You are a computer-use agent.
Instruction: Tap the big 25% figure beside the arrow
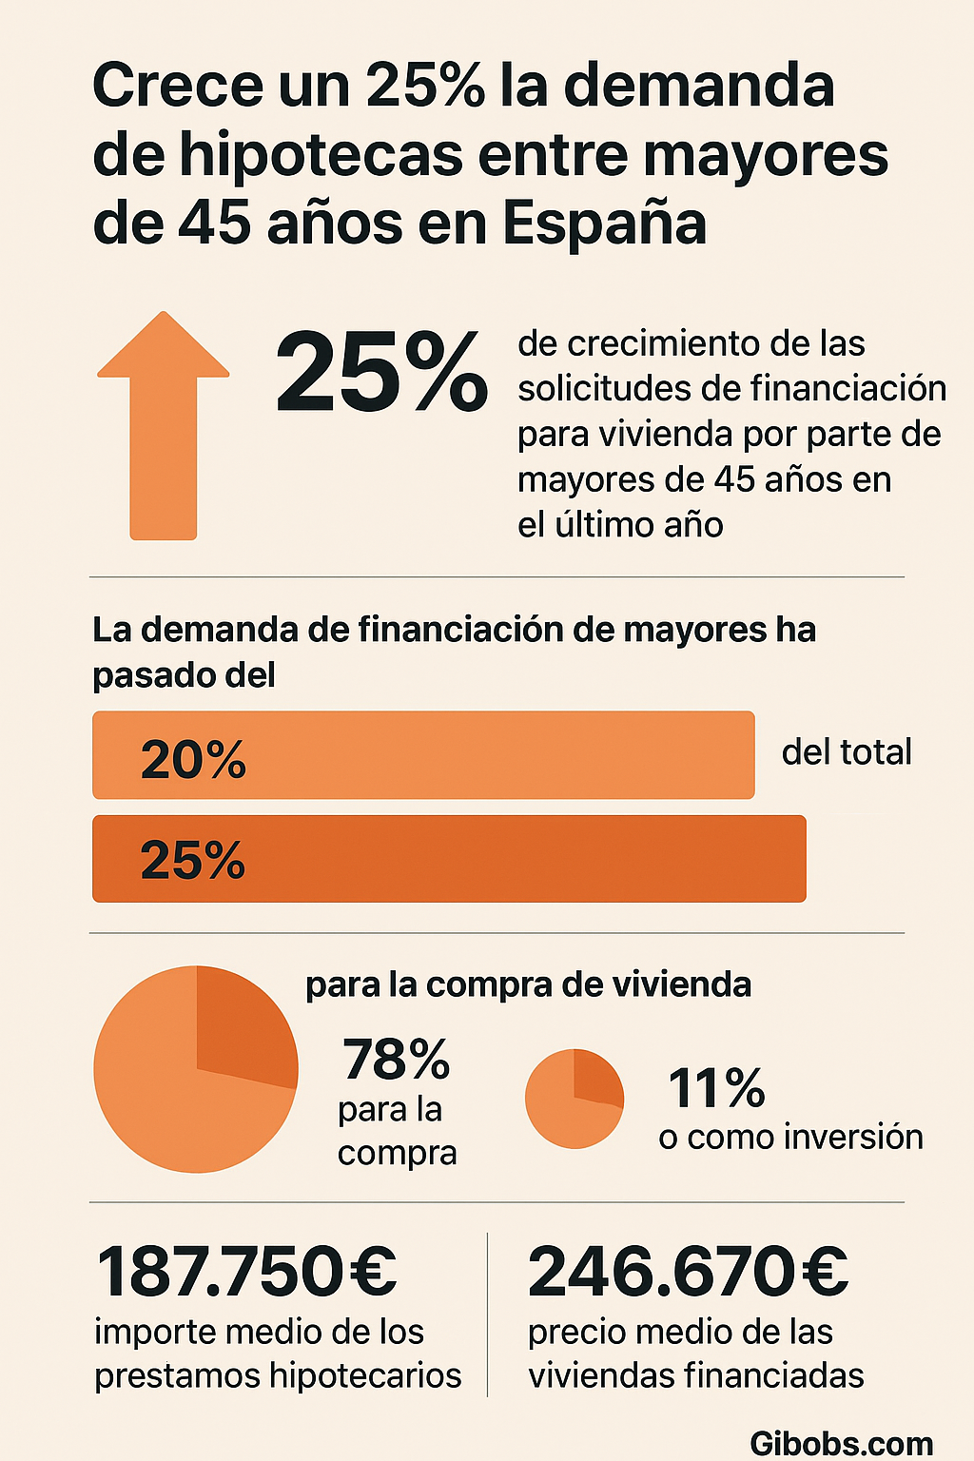point(381,374)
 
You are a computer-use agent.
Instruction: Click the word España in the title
point(604,224)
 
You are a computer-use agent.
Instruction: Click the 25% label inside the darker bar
point(193,860)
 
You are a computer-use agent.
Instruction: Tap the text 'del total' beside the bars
point(847,752)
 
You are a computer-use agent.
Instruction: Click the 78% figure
point(396,1060)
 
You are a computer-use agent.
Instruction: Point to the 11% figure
point(716,1088)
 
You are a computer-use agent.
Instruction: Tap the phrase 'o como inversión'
point(790,1138)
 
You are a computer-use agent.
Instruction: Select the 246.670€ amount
point(688,1271)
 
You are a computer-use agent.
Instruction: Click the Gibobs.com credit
point(841,1443)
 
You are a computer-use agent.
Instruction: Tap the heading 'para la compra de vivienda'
point(528,984)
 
